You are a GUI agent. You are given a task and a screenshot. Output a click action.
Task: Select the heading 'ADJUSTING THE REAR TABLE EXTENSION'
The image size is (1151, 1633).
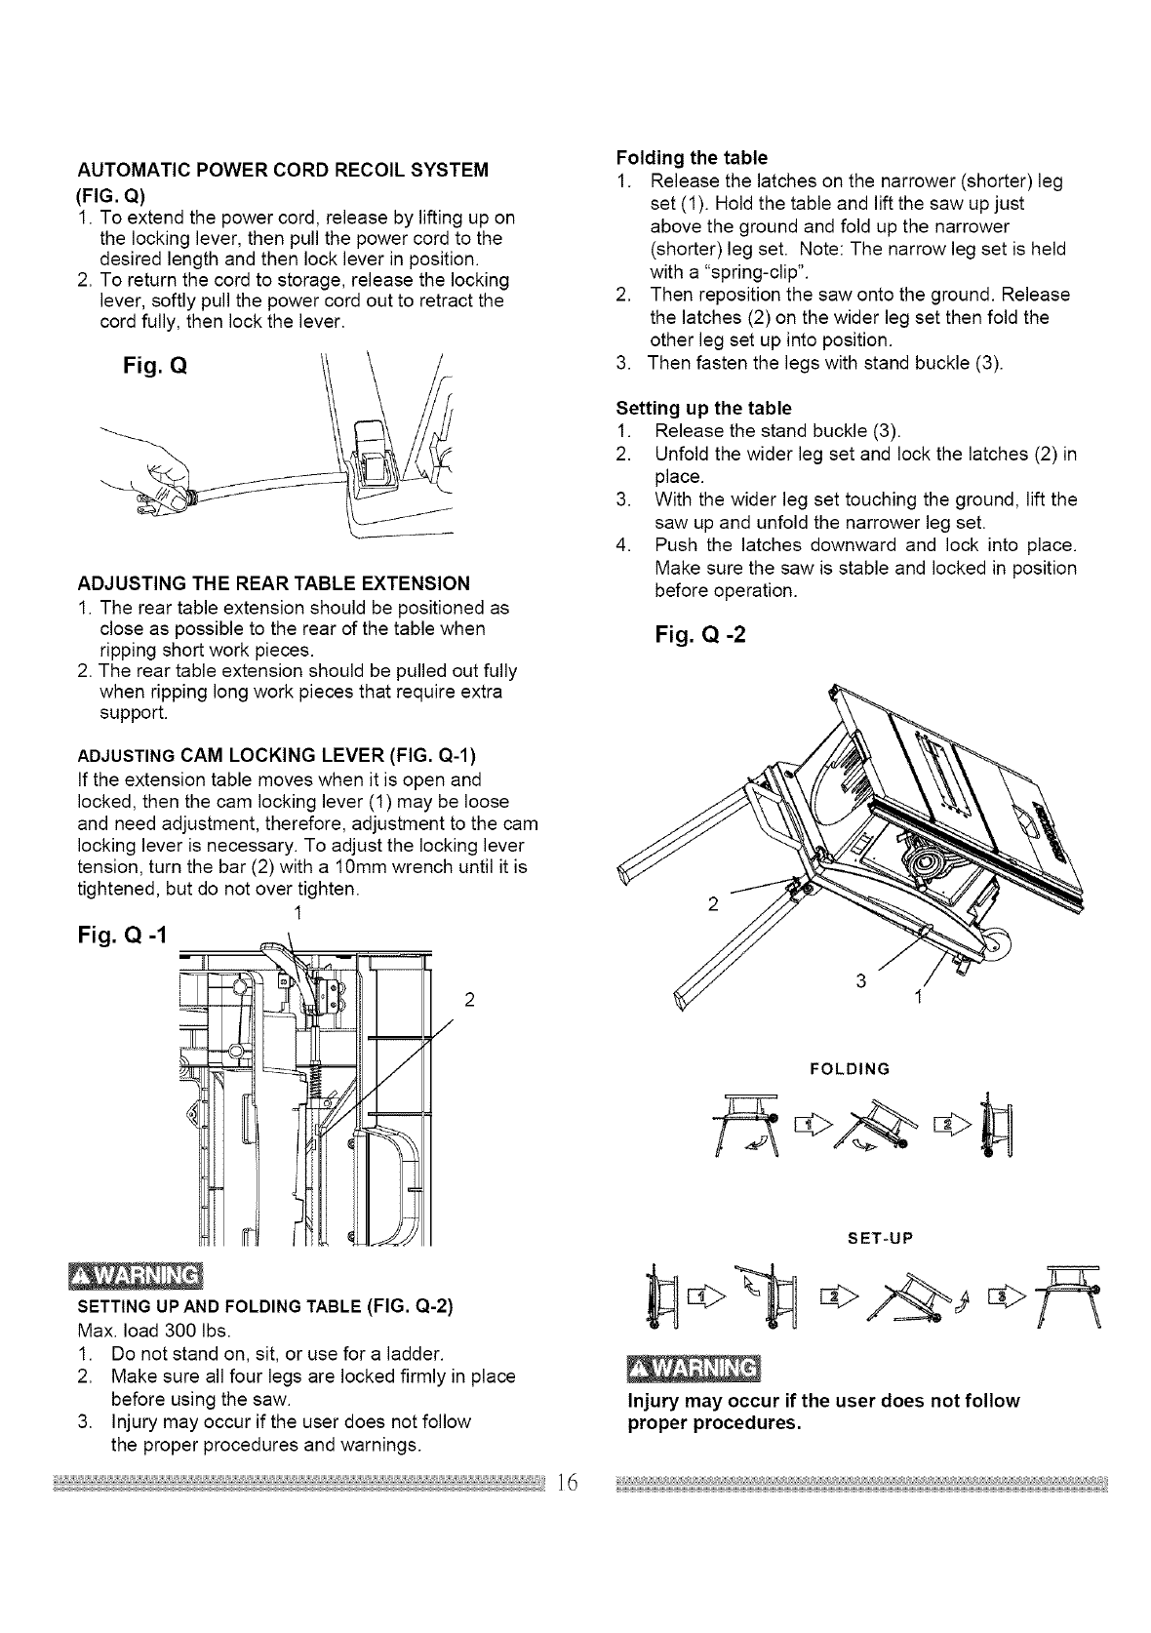point(273,584)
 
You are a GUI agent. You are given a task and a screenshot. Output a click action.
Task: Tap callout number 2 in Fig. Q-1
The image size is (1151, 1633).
point(470,999)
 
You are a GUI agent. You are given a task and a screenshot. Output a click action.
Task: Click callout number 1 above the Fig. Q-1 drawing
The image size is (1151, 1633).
point(295,913)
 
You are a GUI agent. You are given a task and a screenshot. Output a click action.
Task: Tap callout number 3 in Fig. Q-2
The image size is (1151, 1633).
point(860,981)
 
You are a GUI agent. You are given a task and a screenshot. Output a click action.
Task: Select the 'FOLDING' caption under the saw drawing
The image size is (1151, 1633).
point(850,1069)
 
